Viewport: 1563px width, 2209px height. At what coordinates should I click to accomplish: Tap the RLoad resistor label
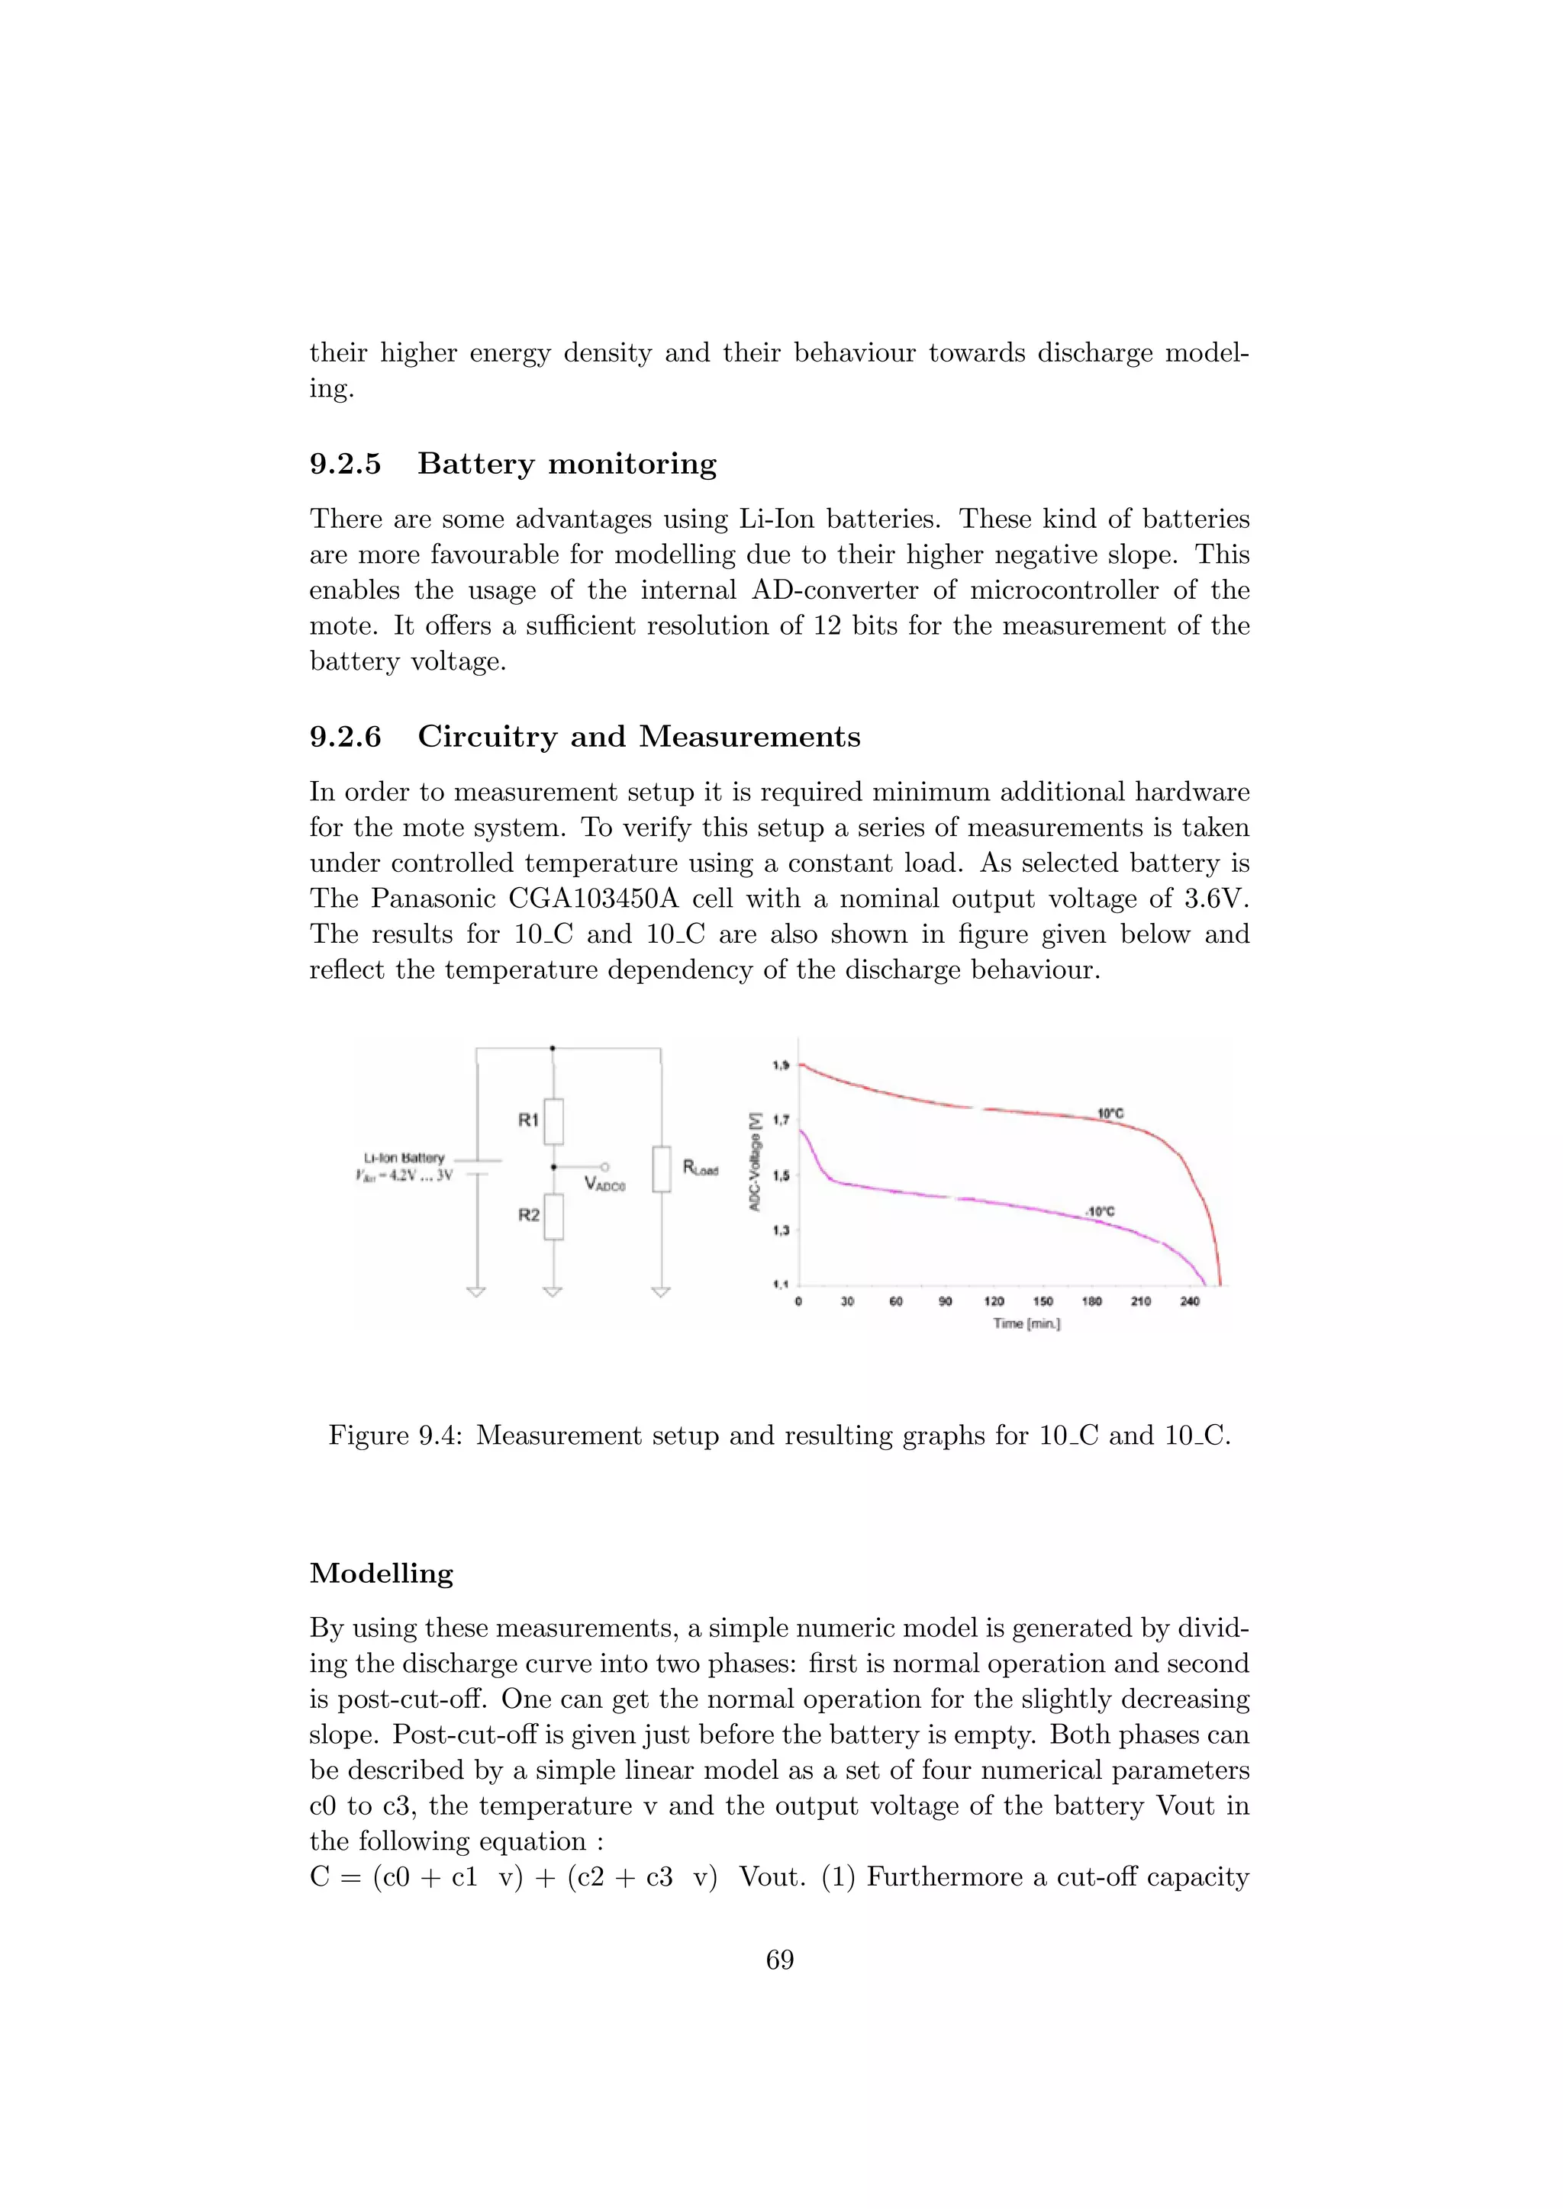point(701,1168)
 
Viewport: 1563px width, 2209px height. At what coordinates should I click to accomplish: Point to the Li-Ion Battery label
point(404,1157)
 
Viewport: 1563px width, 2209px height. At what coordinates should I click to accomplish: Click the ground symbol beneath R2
point(553,1291)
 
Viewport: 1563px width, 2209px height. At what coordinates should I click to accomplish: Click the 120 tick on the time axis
point(994,1302)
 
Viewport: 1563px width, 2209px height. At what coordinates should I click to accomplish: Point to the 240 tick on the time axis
point(1190,1302)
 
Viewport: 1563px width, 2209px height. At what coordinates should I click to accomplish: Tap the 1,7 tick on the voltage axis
point(781,1120)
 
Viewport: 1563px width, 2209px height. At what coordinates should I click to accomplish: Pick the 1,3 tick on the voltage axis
point(781,1230)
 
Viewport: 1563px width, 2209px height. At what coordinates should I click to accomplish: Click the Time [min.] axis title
point(1027,1324)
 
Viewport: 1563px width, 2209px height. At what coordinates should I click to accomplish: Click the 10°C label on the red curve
point(1110,1113)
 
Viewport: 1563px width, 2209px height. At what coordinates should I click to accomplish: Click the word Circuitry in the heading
point(487,737)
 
